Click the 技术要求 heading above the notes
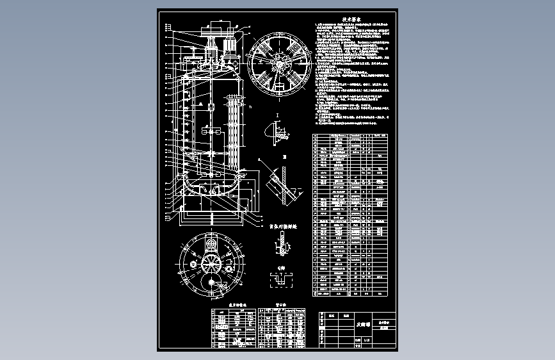(353, 20)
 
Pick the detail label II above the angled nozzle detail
(277, 155)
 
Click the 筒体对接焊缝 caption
(281, 225)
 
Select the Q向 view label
(280, 268)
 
